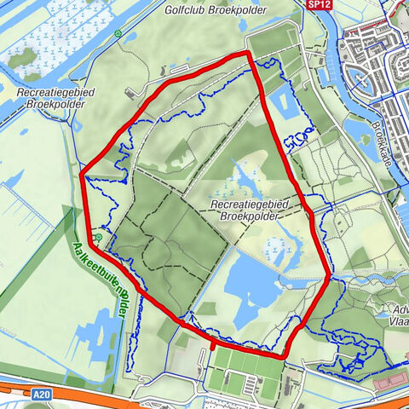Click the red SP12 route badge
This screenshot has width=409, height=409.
pyautogui.click(x=317, y=4)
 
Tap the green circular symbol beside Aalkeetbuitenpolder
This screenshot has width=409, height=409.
pyautogui.click(x=99, y=237)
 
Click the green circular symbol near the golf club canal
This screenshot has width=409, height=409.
pyautogui.click(x=118, y=35)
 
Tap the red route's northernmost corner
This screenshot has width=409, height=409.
pyautogui.click(x=248, y=53)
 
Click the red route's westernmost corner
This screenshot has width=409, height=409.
pyautogui.click(x=83, y=176)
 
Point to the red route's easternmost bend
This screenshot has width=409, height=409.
pyautogui.click(x=330, y=275)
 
